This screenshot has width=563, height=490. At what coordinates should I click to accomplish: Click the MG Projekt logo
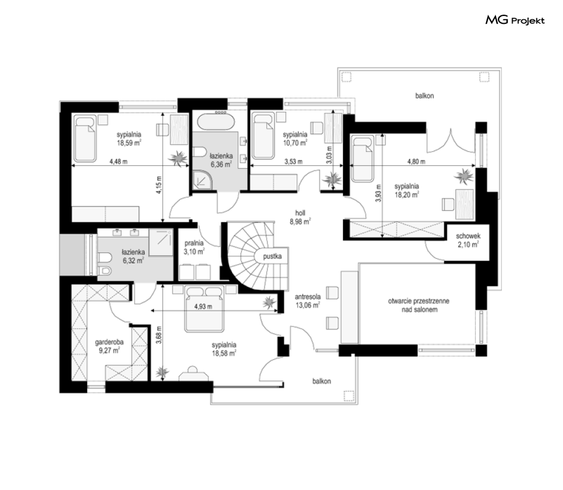click(515, 20)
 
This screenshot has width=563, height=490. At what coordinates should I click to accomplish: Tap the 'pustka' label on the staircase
click(272, 257)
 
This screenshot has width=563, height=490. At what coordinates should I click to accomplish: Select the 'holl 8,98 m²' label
click(300, 217)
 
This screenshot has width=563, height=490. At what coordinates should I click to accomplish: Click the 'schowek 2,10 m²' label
click(468, 240)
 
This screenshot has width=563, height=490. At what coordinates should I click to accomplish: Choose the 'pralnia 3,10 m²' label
click(194, 247)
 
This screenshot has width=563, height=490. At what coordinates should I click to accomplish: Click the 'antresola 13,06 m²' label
click(308, 301)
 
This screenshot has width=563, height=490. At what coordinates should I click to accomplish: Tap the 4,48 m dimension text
click(118, 161)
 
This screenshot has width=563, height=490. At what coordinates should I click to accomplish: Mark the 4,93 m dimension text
click(203, 307)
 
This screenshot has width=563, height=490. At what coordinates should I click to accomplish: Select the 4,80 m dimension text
click(416, 161)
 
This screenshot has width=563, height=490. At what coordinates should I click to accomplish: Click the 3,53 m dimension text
click(293, 161)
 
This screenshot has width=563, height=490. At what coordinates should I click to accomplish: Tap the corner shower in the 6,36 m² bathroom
click(203, 179)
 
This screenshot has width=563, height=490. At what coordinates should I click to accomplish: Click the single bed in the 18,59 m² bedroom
click(85, 138)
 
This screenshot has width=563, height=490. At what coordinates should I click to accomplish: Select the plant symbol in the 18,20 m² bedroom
click(465, 176)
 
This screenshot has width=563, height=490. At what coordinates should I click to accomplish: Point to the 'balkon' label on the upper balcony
click(424, 96)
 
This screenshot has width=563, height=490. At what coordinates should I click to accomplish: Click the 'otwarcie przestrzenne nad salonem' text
click(419, 305)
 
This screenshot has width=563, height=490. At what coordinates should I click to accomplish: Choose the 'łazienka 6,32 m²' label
click(133, 256)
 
